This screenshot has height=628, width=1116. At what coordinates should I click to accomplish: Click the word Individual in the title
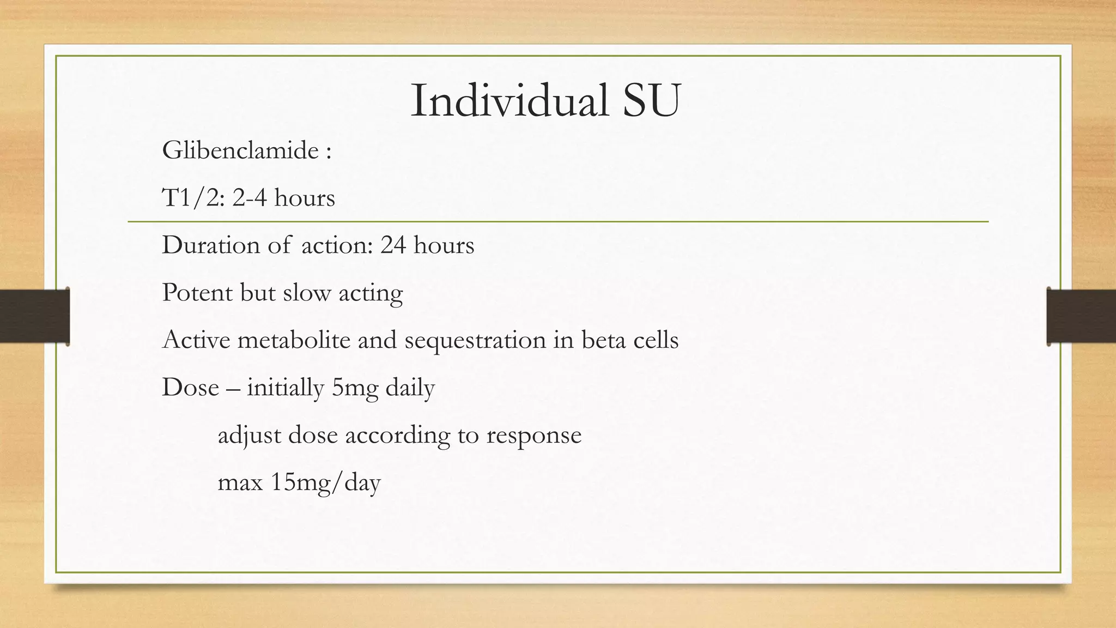coord(509,101)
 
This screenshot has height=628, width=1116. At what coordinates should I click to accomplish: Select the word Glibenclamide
coord(240,150)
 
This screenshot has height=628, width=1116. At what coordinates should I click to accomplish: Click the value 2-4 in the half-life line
coord(250,198)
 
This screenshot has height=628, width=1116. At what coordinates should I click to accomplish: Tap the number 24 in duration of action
coord(393,245)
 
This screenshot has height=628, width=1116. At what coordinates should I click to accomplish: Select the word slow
coord(307,293)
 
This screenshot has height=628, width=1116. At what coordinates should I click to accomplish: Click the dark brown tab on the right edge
coord(1081,316)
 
